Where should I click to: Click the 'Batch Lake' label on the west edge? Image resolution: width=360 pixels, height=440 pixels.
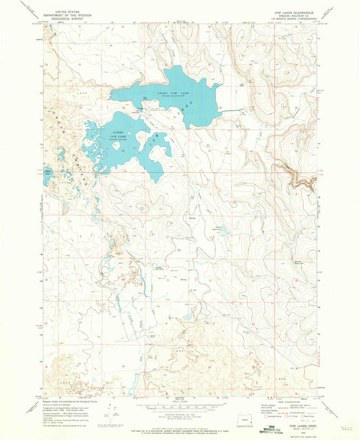click(x=47, y=171)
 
